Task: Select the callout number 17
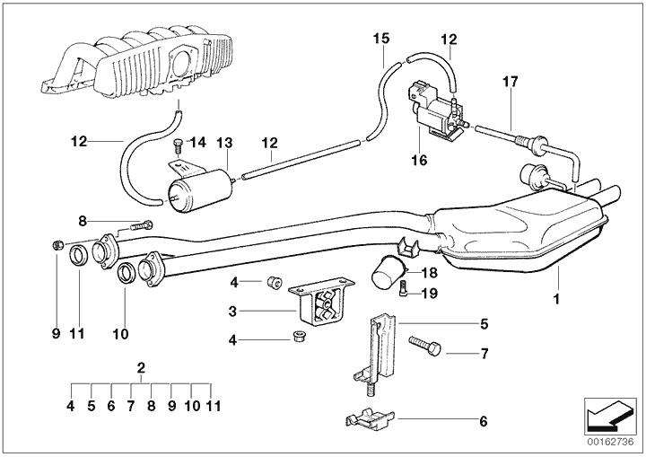coord(510,82)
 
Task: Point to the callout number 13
coord(223,142)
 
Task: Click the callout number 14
coord(197,142)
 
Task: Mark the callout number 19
coord(428,293)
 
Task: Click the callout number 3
coord(232,312)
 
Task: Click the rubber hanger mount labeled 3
coord(315,303)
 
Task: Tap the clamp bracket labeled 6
coord(367,416)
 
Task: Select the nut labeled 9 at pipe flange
coord(56,244)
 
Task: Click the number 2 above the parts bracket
coord(141,366)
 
